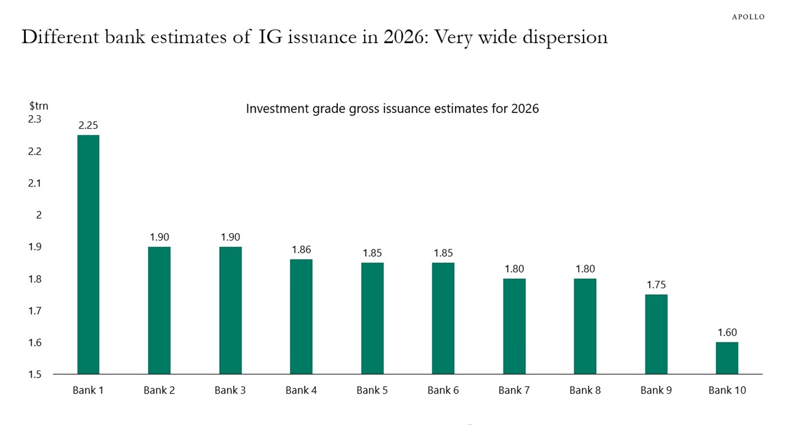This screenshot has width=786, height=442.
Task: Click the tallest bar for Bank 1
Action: point(88,254)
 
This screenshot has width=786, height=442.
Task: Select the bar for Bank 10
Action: point(727,358)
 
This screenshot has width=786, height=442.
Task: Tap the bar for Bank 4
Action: point(301,317)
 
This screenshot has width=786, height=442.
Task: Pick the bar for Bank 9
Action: point(656,334)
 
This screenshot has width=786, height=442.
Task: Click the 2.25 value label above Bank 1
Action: point(88,125)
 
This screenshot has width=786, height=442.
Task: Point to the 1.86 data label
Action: point(301,250)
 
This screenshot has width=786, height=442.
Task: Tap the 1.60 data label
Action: point(727,333)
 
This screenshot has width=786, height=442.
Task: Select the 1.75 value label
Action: point(656,285)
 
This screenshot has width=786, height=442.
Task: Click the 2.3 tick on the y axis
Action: point(35,119)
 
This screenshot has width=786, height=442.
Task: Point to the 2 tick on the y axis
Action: point(39,215)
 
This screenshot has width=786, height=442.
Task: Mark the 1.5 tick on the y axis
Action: point(35,375)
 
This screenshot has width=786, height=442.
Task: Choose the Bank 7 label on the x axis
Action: point(514,390)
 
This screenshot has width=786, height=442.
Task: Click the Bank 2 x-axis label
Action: point(159,390)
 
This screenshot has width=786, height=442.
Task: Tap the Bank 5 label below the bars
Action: point(372,390)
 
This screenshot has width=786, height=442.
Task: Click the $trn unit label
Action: point(39,106)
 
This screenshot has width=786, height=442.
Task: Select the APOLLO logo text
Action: point(748,17)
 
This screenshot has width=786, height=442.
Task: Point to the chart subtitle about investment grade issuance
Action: point(392,109)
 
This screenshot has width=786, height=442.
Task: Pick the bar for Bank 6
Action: point(443,318)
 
